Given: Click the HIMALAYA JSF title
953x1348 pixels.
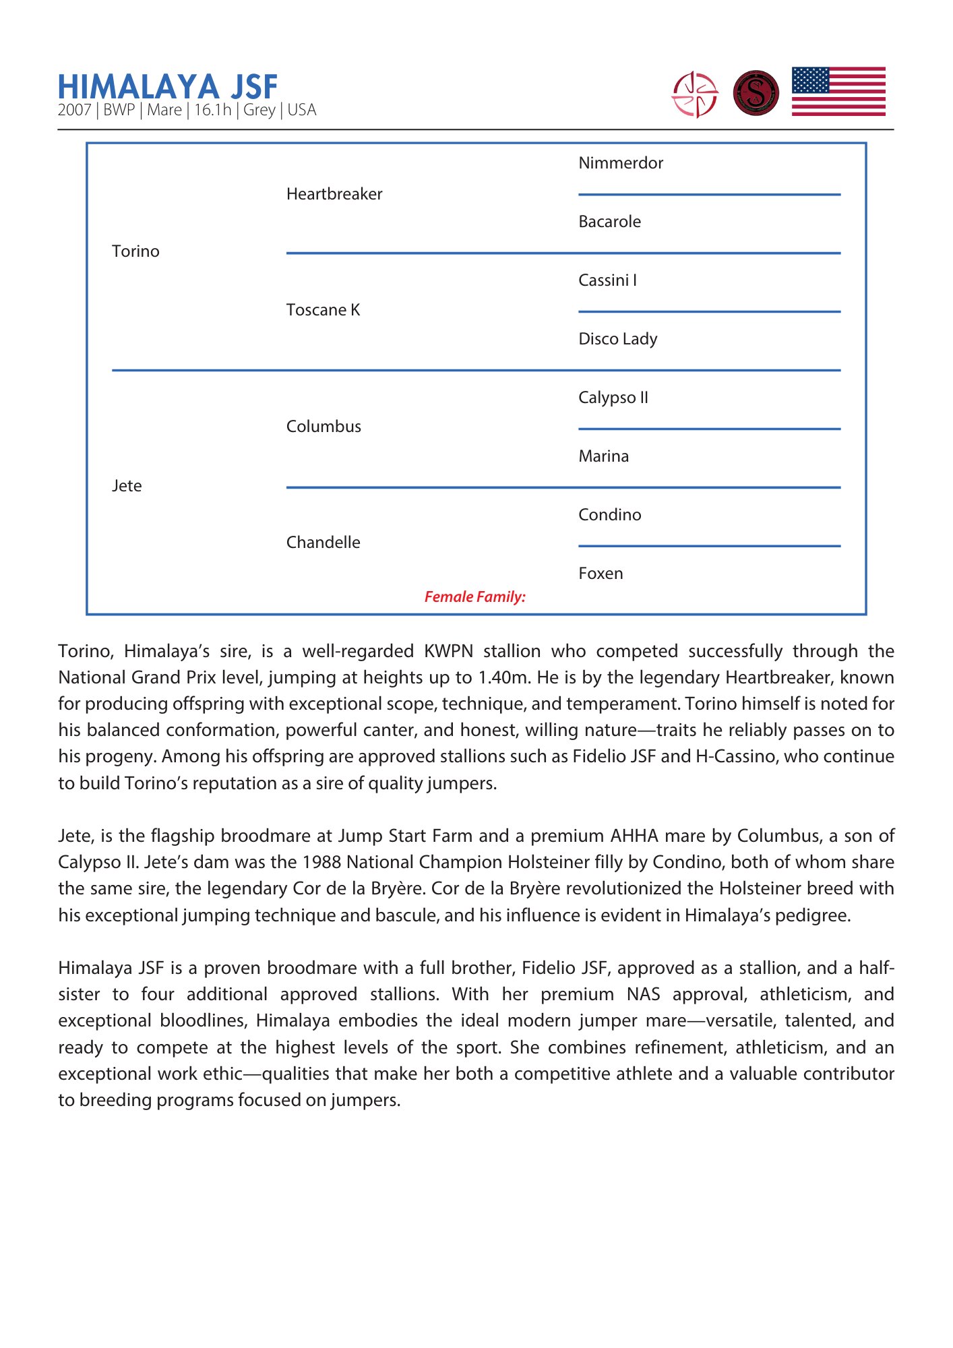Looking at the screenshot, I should pos(168,87).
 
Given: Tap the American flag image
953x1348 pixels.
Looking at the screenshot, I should pos(838,92).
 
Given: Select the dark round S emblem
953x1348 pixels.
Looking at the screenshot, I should pos(756,93).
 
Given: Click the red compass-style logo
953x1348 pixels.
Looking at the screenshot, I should pos(695,94).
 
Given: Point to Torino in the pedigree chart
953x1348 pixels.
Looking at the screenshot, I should pos(135,251).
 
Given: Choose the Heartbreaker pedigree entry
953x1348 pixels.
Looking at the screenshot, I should pos(334,194).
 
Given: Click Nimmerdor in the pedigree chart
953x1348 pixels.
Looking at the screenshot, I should pos(621,163).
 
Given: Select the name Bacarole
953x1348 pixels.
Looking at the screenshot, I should pos(609,222).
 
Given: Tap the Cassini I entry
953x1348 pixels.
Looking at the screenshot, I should pos(607,280).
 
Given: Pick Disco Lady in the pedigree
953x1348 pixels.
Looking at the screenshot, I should pos(617,339).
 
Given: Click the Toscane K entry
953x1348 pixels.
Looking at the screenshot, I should pos(323,310).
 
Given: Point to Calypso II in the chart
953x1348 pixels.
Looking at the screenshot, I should pos(613,398).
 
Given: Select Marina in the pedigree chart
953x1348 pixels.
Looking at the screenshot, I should pos(603,456).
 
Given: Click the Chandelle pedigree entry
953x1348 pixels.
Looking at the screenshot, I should pos(323,543).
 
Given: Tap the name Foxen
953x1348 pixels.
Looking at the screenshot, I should pos(601,574).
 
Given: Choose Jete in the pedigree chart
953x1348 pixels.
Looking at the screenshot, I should pos(127,486).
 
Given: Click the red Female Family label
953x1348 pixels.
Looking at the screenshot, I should pos(474,597).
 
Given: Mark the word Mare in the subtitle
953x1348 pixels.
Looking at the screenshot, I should pos(164,111).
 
